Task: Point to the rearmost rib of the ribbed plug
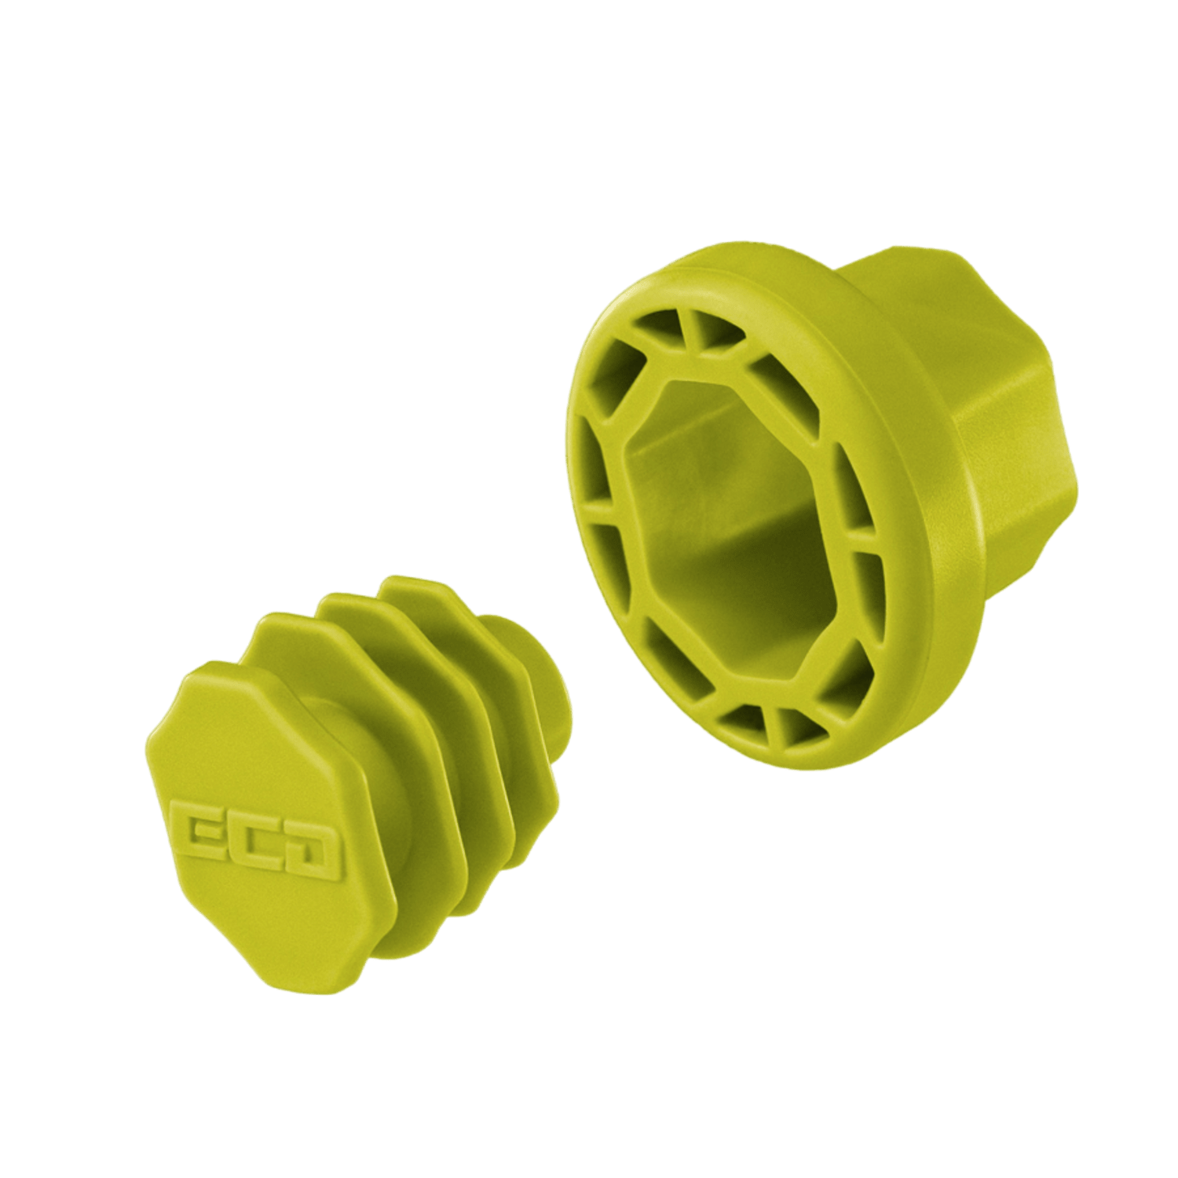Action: pos(471,636)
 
